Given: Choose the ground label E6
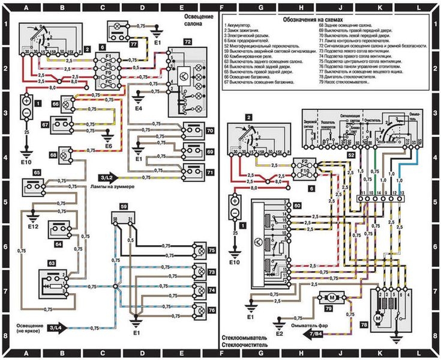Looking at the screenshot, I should [108, 146].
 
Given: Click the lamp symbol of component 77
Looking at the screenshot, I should [116, 27].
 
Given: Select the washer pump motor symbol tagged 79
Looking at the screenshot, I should [329, 297].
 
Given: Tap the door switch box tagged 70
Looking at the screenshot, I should [192, 131].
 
